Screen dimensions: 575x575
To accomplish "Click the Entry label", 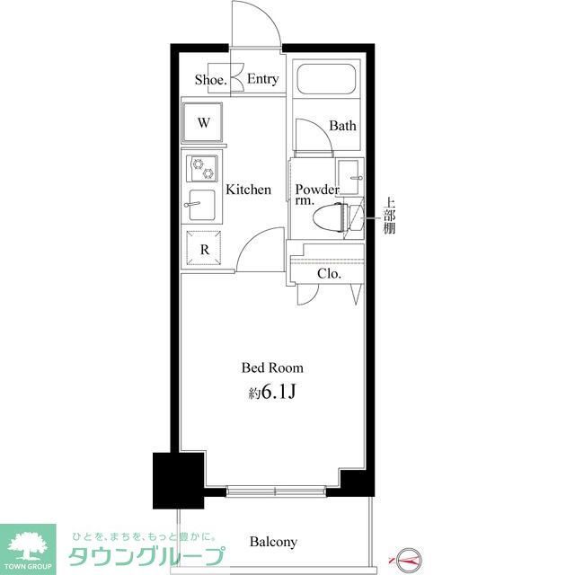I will (262, 80).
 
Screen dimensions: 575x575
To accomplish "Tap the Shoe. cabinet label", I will (210, 80).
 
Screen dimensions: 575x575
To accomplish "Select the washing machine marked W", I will (204, 123).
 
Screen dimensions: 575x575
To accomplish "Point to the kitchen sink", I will (201, 206).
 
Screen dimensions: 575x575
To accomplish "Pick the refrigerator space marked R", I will (204, 251).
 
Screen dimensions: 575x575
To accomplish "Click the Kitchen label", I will (248, 190).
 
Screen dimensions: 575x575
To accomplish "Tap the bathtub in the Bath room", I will (327, 84).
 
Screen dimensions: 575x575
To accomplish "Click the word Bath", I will (342, 126).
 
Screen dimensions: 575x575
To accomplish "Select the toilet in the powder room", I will (333, 217).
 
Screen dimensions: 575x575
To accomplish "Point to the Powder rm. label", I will (316, 195).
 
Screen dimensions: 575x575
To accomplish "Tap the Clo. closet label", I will (329, 273).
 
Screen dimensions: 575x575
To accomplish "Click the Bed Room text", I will (272, 367).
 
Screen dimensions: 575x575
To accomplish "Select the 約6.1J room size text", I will (272, 392).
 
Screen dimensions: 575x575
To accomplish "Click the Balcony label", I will (273, 542).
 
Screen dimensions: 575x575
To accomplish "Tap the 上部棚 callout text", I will (389, 216).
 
